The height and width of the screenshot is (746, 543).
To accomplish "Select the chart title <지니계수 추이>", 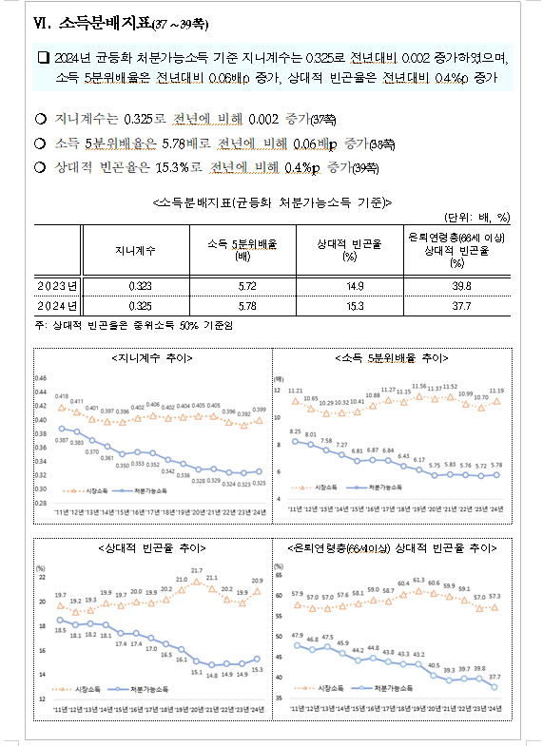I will tap(151, 359).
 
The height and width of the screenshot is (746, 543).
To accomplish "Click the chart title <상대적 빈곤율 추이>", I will tap(151, 548).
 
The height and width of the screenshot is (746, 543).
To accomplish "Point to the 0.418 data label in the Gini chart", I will tap(62, 395).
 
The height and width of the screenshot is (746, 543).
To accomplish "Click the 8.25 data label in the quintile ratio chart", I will tap(296, 431).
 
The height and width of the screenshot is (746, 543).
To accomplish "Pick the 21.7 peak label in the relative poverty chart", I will tap(196, 570).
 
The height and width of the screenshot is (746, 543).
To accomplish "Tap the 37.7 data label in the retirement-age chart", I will tap(494, 678).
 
